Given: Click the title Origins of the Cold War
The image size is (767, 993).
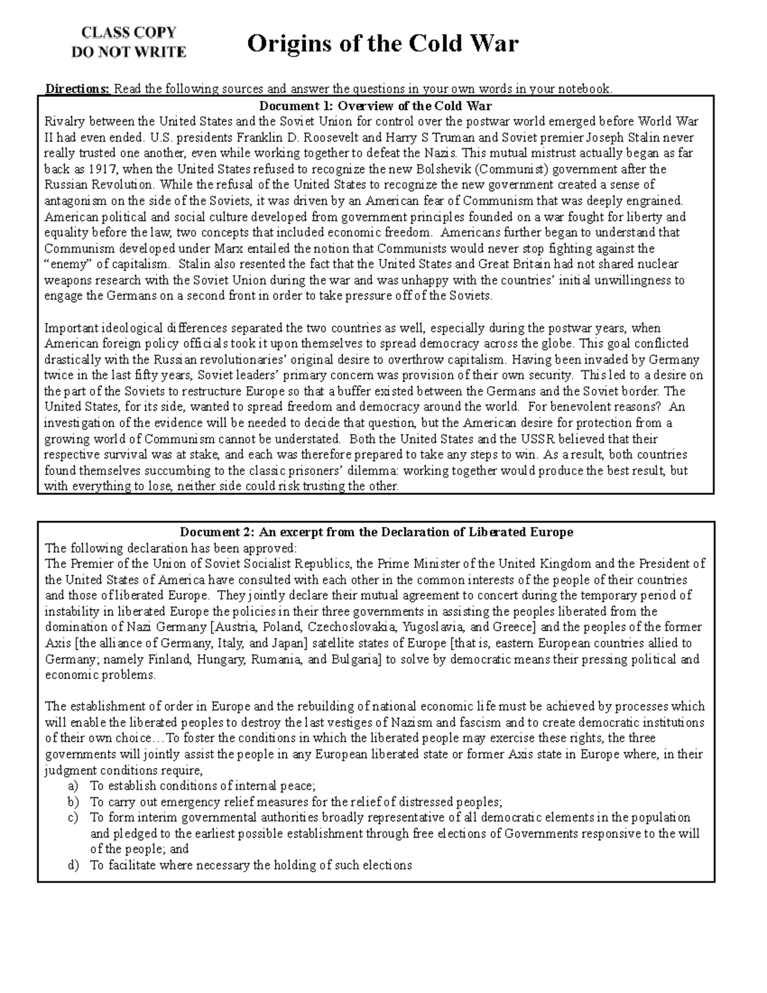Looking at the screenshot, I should click(382, 44).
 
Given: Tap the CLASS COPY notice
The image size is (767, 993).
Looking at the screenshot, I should click(128, 33).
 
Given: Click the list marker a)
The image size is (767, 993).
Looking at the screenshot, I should click(72, 786).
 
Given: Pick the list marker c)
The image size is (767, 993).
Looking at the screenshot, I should click(72, 818).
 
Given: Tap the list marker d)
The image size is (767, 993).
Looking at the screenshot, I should click(72, 866).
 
